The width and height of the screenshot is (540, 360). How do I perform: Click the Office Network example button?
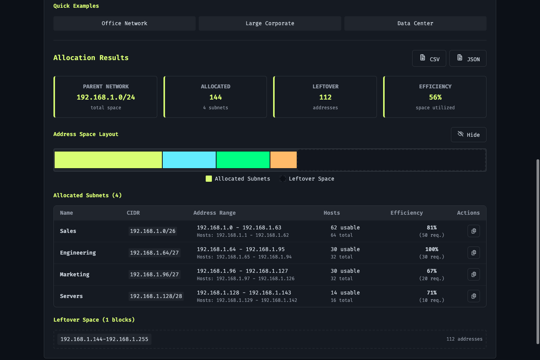(x=124, y=23)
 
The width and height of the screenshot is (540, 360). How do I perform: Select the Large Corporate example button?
(x=270, y=23)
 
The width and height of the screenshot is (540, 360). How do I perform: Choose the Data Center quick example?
(x=415, y=23)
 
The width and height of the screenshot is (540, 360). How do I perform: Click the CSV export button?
(x=429, y=59)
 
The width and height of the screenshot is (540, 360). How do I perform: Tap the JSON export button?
(x=468, y=59)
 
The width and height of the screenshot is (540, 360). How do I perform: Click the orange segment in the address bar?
(x=284, y=160)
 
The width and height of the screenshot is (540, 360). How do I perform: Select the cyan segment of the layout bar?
(x=189, y=160)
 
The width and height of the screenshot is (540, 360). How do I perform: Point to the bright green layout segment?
(x=243, y=160)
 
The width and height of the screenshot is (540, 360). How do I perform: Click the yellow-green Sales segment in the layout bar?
(x=108, y=160)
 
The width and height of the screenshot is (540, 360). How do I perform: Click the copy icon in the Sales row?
(x=474, y=231)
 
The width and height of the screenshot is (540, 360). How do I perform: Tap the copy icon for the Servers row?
(x=474, y=296)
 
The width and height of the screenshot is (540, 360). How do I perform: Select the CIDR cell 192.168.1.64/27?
(x=154, y=253)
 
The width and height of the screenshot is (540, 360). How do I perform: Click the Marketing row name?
(x=74, y=274)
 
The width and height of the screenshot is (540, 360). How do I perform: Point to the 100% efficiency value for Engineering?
(x=432, y=249)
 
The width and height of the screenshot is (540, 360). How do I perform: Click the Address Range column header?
(x=214, y=213)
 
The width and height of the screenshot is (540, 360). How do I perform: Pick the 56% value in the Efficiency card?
(x=435, y=97)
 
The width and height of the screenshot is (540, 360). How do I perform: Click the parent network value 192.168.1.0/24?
(x=106, y=97)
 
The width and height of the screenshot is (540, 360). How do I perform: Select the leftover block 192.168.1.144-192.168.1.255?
(x=104, y=339)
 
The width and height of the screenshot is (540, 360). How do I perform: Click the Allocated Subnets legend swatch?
(x=208, y=179)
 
